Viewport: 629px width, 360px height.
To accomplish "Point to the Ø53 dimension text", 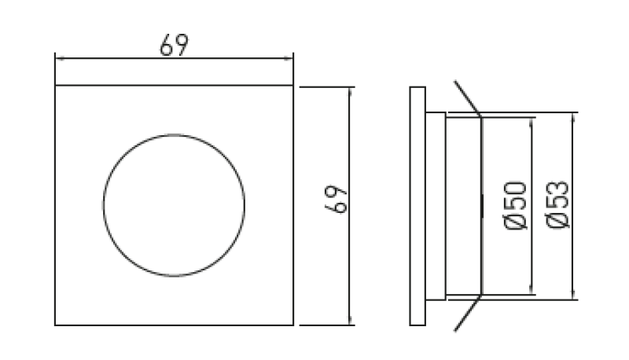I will point(556,205).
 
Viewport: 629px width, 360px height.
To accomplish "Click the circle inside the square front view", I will point(173,204).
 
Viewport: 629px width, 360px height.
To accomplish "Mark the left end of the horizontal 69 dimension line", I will point(55,57).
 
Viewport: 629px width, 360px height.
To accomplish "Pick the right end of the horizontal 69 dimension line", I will point(292,57).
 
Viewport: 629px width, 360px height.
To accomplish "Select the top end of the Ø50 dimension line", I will point(533,118).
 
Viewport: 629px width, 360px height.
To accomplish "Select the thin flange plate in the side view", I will point(417,205).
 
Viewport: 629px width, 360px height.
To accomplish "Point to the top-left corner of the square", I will point(55,86).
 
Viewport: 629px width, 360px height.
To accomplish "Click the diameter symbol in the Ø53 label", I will point(556,222).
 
